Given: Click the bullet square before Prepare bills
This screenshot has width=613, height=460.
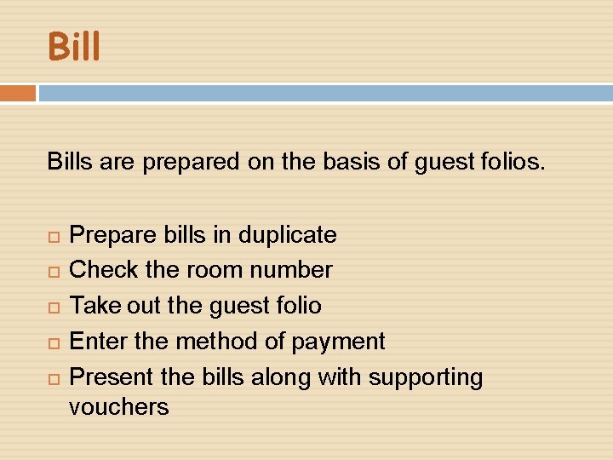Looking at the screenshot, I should [x=53, y=235].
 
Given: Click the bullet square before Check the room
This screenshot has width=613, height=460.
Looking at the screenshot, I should [x=53, y=271].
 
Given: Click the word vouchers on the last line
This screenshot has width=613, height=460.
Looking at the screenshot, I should [x=118, y=407].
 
